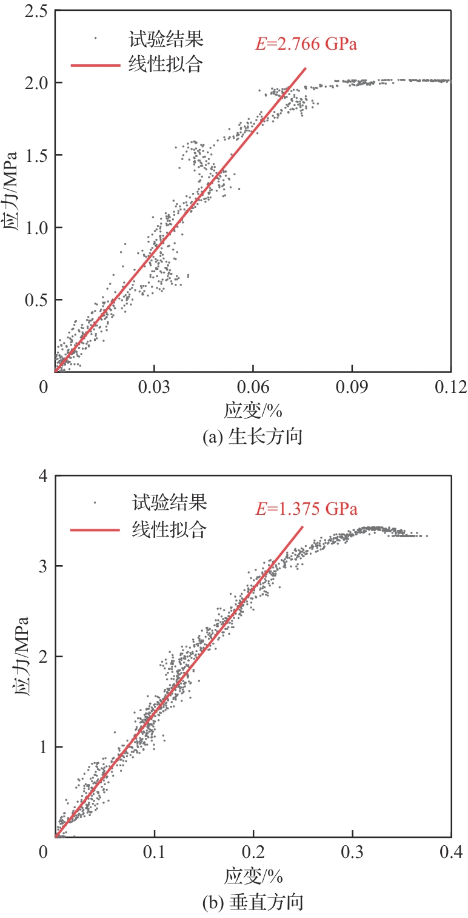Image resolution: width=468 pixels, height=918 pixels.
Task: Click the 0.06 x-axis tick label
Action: pyautogui.click(x=253, y=386)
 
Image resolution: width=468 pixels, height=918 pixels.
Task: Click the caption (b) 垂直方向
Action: pyautogui.click(x=253, y=902)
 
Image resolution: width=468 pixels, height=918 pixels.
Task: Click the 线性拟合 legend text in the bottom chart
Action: pyautogui.click(x=169, y=529)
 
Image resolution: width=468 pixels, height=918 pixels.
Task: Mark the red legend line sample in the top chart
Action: pyautogui.click(x=95, y=63)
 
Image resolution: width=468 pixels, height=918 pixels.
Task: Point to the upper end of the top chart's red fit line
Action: pyautogui.click(x=306, y=68)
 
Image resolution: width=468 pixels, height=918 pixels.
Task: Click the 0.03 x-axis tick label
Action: pyautogui.click(x=154, y=386)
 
